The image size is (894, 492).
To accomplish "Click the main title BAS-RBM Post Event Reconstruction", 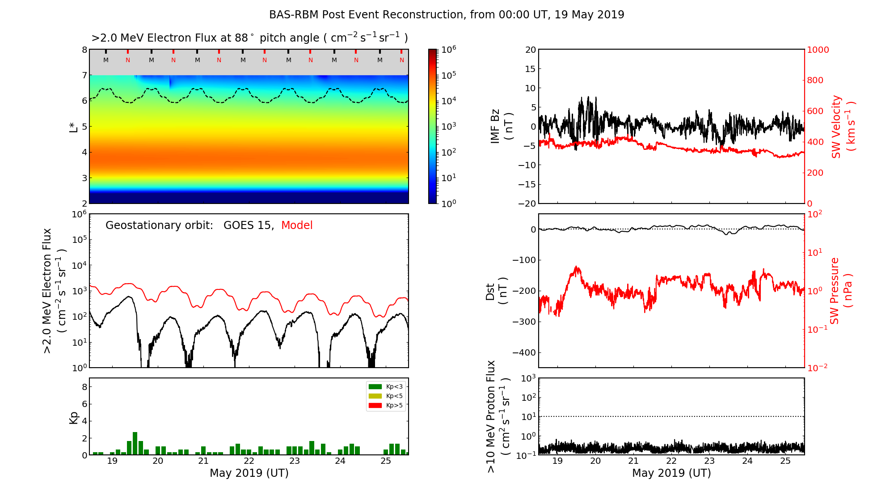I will [446, 15].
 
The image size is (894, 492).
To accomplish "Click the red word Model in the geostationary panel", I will [297, 225].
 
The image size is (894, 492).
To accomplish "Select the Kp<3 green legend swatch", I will [375, 386].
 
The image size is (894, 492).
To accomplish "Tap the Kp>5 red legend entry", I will [385, 406].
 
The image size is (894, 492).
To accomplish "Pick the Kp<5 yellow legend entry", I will [385, 396].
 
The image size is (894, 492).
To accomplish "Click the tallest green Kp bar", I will [135, 443].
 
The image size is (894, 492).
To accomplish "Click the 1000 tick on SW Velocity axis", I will [818, 50].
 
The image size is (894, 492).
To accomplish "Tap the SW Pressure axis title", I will [841, 291].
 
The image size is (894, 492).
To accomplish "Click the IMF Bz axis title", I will [502, 126].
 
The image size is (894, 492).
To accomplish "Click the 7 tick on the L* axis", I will [84, 75].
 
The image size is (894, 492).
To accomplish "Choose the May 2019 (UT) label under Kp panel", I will [249, 473].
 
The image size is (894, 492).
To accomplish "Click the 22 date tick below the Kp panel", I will [249, 461].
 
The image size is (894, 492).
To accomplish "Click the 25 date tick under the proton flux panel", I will [785, 461].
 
